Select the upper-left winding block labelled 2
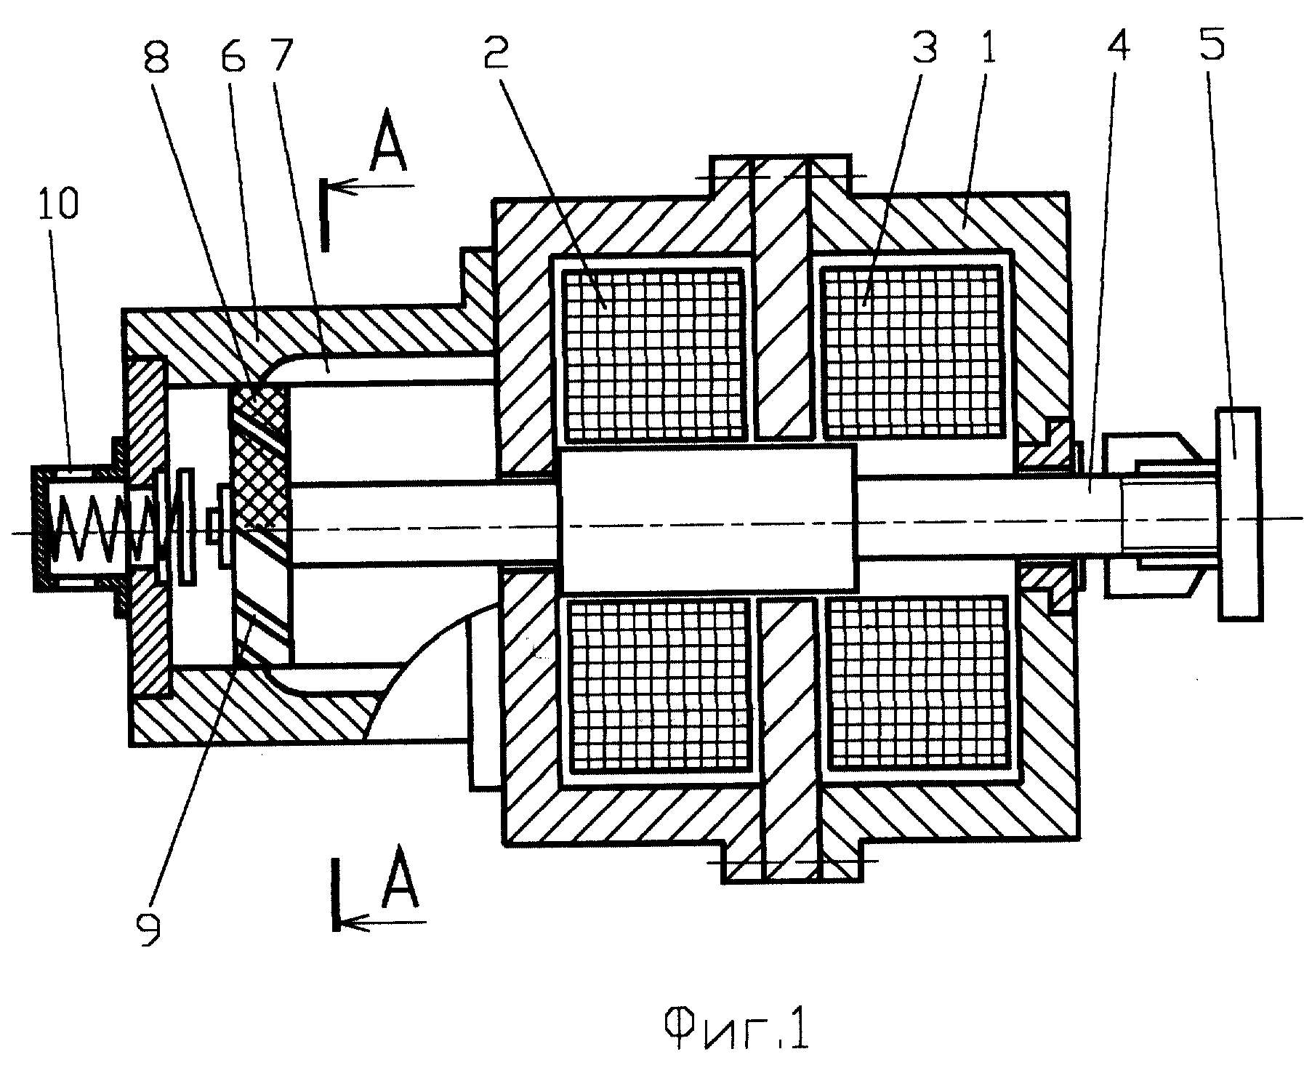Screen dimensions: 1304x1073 655,354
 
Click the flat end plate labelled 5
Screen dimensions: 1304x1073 1240,514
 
